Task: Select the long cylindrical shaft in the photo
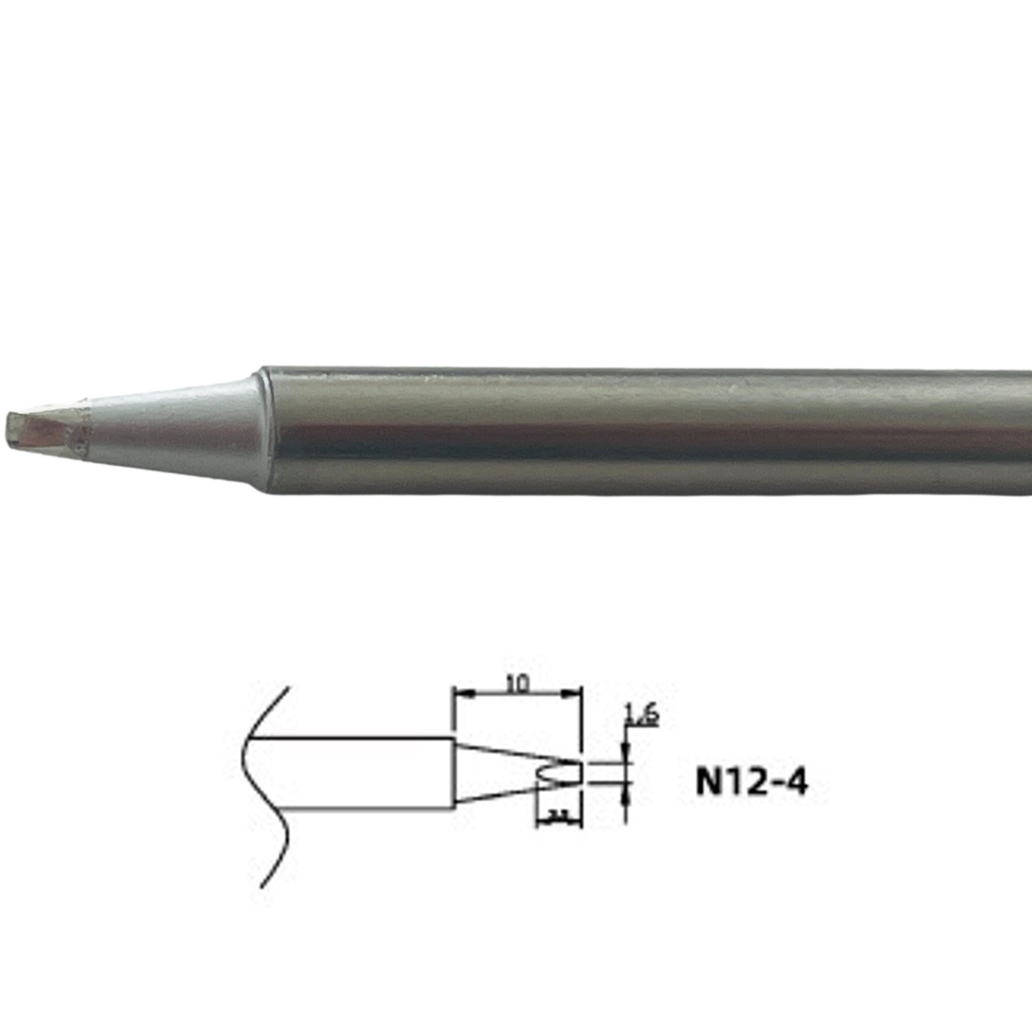point(641,430)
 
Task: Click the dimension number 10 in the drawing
point(517,684)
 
